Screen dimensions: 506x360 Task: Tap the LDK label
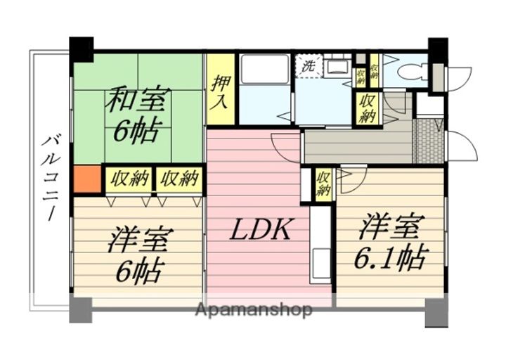pos(261,229)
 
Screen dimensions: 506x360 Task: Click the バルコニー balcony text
pos(49,179)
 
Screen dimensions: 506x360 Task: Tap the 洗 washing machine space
pos(309,66)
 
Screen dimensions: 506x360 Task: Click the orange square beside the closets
pos(87,179)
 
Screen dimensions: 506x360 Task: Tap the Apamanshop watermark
pos(254,310)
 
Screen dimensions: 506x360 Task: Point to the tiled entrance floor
pos(428,141)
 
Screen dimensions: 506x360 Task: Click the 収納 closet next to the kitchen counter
pos(324,184)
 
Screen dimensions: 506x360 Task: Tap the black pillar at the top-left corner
pos(82,49)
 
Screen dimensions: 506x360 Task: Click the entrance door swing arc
pos(462,145)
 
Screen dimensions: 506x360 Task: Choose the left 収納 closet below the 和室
pos(129,179)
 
